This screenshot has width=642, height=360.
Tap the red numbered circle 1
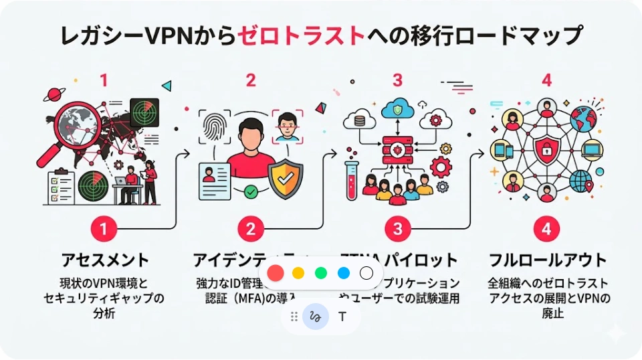[x=103, y=229]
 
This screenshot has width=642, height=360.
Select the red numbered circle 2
[x=250, y=229]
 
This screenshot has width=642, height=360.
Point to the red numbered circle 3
[x=397, y=229]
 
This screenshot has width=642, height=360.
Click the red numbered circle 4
[x=546, y=229]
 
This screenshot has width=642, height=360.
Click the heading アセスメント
[x=104, y=260]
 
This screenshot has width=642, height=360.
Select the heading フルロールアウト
[x=547, y=260]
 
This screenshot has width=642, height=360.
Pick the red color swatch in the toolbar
[x=274, y=273]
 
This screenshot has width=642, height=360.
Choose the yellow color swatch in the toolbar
[x=298, y=273]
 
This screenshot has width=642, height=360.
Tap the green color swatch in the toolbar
[x=321, y=273]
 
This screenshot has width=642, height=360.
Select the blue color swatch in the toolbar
[x=344, y=273]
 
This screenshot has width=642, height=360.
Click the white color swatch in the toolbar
[x=366, y=273]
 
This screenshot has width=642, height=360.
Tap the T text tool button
[x=342, y=317]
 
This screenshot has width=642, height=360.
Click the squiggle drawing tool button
[x=316, y=317]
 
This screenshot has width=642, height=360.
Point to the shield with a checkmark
[x=285, y=175]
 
